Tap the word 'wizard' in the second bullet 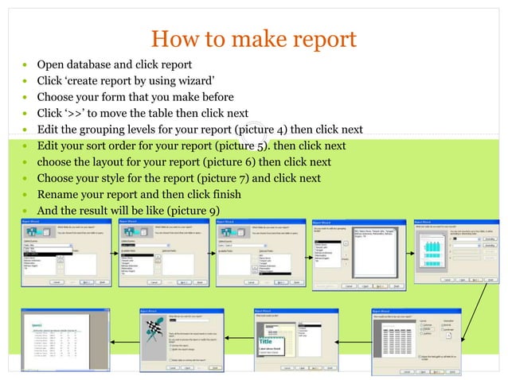193,80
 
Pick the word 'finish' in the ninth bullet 226,194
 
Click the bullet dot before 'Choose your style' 27,178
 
